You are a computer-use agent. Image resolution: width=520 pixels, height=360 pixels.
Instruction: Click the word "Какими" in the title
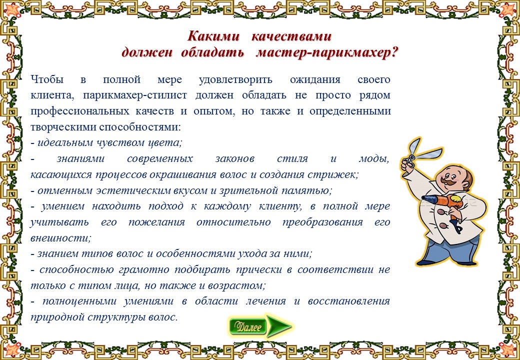click(213, 36)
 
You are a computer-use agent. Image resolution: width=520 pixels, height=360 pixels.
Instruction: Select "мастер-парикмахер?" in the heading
click(326, 52)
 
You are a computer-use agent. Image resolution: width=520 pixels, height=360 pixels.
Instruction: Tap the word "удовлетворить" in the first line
click(235, 80)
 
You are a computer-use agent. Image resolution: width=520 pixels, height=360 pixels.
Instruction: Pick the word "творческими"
click(63, 127)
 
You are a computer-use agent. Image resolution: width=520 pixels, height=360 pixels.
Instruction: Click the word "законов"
click(235, 159)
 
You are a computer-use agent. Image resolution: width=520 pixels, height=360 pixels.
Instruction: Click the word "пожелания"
click(156, 222)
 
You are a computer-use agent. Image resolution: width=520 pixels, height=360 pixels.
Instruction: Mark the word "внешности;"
click(60, 238)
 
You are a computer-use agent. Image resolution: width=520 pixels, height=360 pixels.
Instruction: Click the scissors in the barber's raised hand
click(418, 154)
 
